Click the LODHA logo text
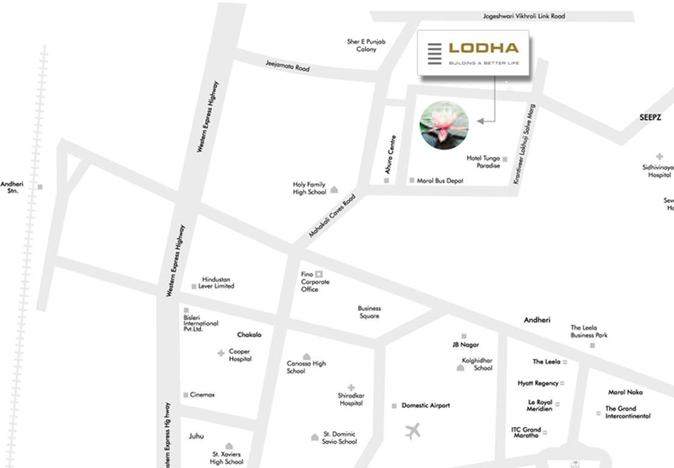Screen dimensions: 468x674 483,48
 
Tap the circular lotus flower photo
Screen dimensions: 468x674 444,125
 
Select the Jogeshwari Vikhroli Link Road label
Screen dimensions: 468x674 523,16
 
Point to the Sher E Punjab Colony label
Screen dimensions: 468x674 366,46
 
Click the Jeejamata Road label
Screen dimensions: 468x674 288,66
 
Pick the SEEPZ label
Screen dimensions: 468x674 650,118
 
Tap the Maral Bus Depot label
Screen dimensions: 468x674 440,181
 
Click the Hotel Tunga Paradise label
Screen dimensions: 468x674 483,162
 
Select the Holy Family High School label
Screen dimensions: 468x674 310,188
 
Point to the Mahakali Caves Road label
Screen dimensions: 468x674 332,216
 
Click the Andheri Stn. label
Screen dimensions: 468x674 12,187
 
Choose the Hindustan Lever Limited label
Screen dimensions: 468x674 216,283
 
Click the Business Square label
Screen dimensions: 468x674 369,312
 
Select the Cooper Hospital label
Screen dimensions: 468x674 240,355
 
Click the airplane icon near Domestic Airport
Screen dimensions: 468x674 413,432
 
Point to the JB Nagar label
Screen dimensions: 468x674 466,345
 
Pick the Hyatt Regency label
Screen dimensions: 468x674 538,383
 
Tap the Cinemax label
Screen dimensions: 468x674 202,395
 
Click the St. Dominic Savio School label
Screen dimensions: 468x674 339,438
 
